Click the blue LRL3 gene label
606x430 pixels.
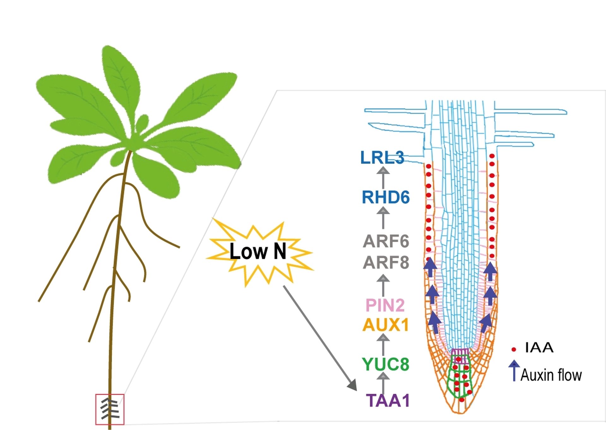point(382,157)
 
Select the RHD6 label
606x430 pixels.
point(386,197)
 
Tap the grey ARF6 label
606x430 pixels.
point(386,242)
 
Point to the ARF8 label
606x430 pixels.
point(386,262)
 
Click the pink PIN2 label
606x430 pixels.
point(385,305)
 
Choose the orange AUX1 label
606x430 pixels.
point(386,325)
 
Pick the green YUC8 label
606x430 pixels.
point(385,364)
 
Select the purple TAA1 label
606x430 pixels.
point(388,401)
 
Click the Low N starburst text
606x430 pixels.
point(258,251)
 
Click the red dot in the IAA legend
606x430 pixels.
point(514,349)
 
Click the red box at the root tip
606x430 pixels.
point(110,409)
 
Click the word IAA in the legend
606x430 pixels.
point(539,348)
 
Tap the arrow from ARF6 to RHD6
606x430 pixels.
point(383,218)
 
